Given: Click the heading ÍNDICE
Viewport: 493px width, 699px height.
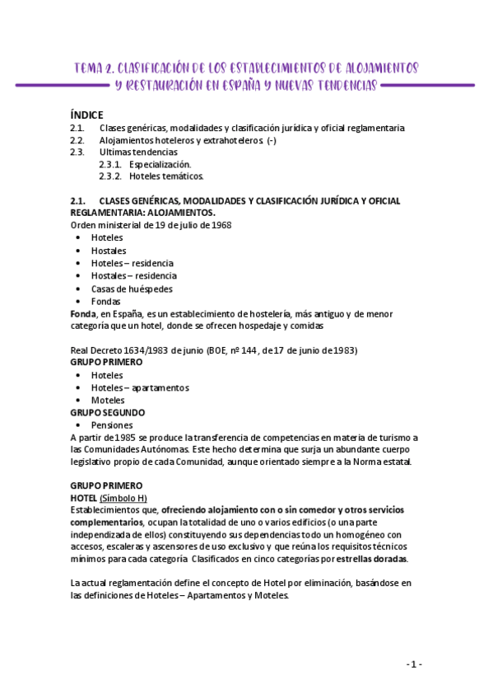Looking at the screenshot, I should click(86, 115).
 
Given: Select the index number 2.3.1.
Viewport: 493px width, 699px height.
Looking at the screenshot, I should click(110, 164).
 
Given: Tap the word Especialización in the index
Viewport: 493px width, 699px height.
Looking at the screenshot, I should click(160, 164).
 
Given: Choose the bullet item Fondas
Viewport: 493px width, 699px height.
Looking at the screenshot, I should click(106, 301).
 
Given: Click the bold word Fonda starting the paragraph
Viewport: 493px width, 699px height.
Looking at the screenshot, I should click(84, 313).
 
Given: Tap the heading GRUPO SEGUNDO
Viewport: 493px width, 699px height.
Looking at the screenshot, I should click(108, 412).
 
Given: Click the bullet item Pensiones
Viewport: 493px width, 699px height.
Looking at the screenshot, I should click(112, 425).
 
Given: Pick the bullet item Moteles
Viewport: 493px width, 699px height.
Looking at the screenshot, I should click(108, 400).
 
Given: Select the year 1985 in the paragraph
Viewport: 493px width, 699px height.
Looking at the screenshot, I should click(125, 437).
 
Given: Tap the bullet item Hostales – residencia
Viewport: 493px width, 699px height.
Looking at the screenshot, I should click(133, 275).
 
